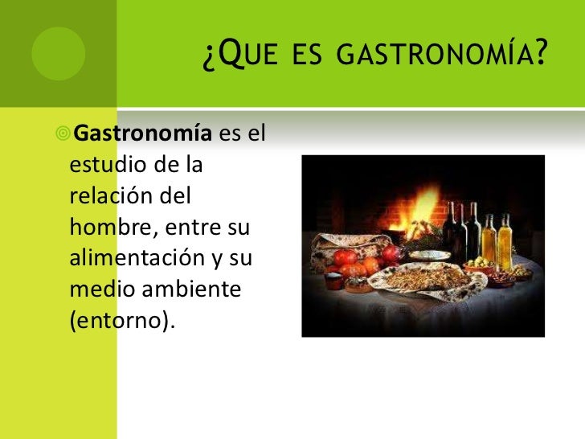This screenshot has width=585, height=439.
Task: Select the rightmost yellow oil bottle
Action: (505, 241)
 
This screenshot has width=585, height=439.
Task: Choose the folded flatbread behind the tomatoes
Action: (338, 249)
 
